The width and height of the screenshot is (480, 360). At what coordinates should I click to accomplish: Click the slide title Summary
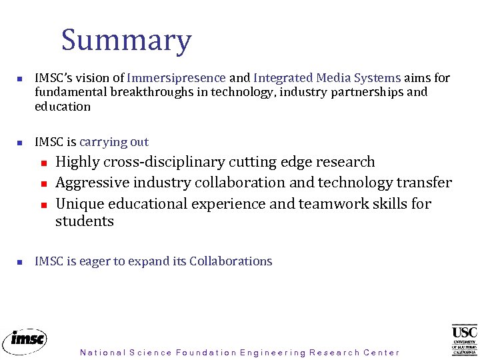point(126,41)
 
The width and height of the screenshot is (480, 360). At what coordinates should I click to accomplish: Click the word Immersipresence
point(176,78)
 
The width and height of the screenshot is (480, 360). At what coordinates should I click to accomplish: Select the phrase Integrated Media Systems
point(327,78)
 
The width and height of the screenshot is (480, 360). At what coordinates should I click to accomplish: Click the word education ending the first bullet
point(63,107)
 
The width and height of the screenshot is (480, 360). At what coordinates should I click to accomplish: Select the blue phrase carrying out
point(113,142)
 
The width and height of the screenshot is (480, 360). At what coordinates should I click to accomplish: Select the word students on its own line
point(84,221)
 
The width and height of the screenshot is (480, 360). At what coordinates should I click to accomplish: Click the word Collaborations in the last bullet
point(231,261)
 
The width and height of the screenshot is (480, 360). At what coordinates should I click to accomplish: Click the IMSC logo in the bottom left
point(25,340)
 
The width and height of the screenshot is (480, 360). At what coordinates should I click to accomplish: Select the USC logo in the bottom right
point(464,339)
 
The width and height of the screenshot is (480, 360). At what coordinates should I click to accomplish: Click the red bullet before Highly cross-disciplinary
point(41,163)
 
